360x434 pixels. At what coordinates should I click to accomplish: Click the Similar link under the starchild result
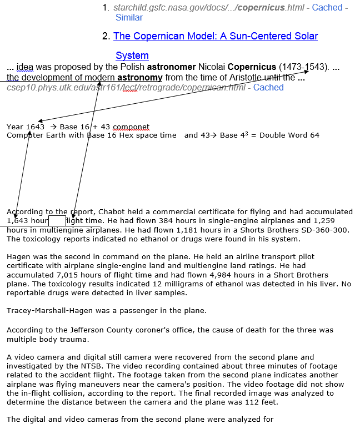coord(129,18)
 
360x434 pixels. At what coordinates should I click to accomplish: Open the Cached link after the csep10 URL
coord(268,88)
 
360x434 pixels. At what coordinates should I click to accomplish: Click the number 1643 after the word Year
coord(35,127)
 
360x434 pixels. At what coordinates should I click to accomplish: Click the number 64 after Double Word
coord(314,135)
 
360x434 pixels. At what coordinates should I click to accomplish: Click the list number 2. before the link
coord(106,37)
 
